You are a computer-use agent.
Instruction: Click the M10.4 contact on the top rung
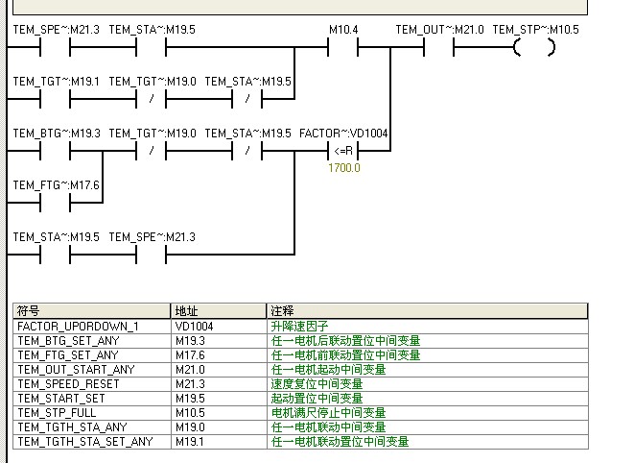click(342, 47)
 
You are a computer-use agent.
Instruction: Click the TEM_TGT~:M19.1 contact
click(56, 99)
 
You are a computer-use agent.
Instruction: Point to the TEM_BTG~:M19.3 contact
click(56, 151)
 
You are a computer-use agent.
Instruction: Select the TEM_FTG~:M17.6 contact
click(56, 203)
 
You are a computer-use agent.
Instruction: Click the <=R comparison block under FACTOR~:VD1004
click(342, 151)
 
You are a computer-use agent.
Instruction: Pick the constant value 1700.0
click(344, 168)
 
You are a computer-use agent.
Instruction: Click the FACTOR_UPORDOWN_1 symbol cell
click(78, 327)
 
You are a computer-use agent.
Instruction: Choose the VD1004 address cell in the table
click(195, 327)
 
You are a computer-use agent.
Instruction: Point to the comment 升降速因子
click(299, 327)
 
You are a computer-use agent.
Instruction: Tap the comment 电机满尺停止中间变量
click(328, 413)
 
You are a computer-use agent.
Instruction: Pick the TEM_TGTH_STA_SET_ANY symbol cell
click(84, 442)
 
